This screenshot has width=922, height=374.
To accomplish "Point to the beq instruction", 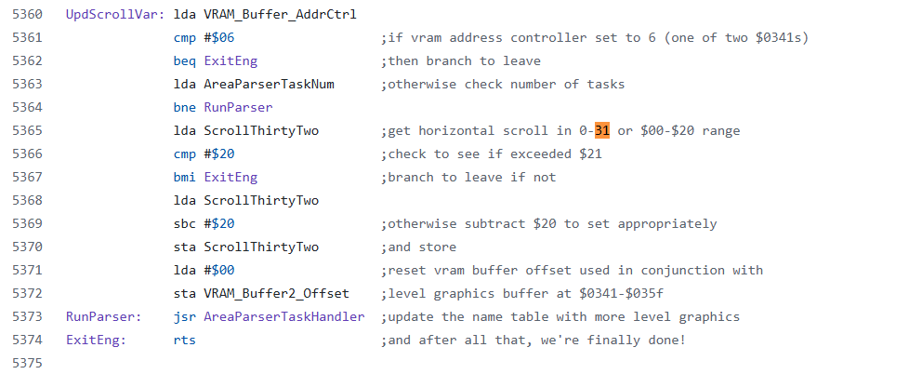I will point(185,61).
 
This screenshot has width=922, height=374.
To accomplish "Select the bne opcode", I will point(185,108).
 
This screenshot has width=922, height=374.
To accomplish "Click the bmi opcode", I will point(185,178).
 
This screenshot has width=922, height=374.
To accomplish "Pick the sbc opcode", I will point(185,224).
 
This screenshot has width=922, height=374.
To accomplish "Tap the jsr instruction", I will point(185,317).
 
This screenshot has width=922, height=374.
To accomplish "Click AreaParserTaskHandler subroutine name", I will point(283,317).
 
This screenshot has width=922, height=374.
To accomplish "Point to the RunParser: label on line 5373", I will point(101,317).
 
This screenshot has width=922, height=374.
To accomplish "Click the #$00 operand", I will point(218,271).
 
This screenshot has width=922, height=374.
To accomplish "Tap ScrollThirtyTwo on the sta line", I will point(261,247).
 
